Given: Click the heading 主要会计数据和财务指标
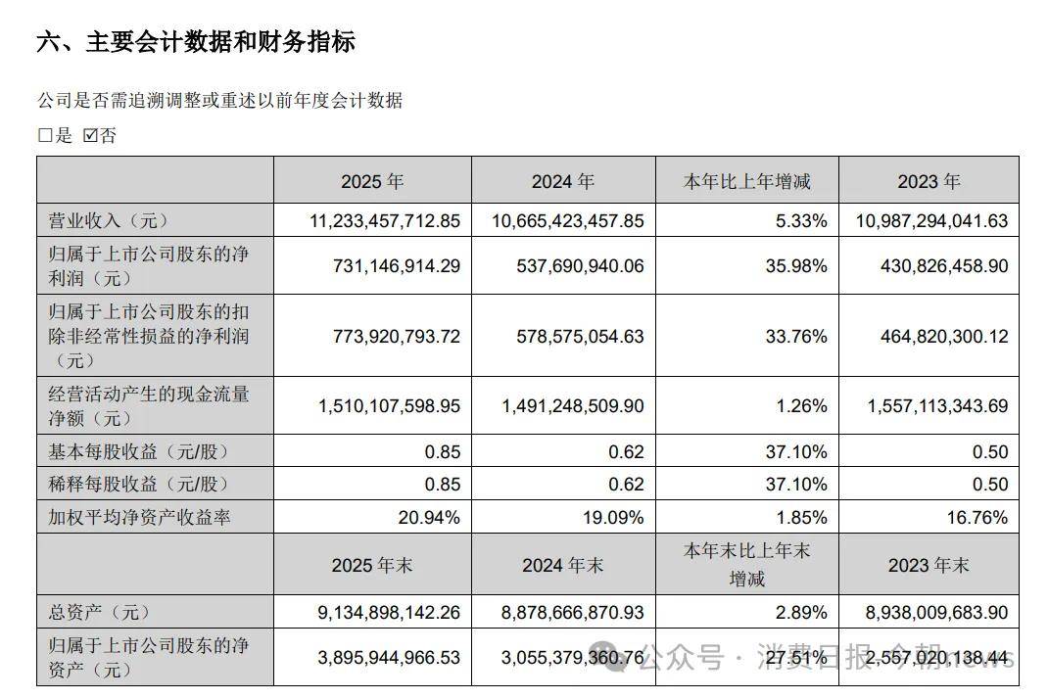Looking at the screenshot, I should pyautogui.click(x=195, y=42).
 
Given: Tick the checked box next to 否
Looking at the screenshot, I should pyautogui.click(x=90, y=136).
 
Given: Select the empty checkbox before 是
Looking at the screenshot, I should pyautogui.click(x=44, y=136).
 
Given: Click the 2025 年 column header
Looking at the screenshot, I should pyautogui.click(x=372, y=181).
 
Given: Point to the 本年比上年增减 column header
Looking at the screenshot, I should pyautogui.click(x=746, y=181).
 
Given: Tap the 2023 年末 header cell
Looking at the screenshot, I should pyautogui.click(x=928, y=565).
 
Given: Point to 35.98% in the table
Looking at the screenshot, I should pyautogui.click(x=800, y=265).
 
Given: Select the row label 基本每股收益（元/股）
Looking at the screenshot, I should pyautogui.click(x=131, y=451).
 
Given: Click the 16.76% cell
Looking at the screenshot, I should pyautogui.click(x=978, y=518).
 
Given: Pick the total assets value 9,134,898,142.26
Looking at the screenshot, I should pyautogui.click(x=390, y=612).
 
